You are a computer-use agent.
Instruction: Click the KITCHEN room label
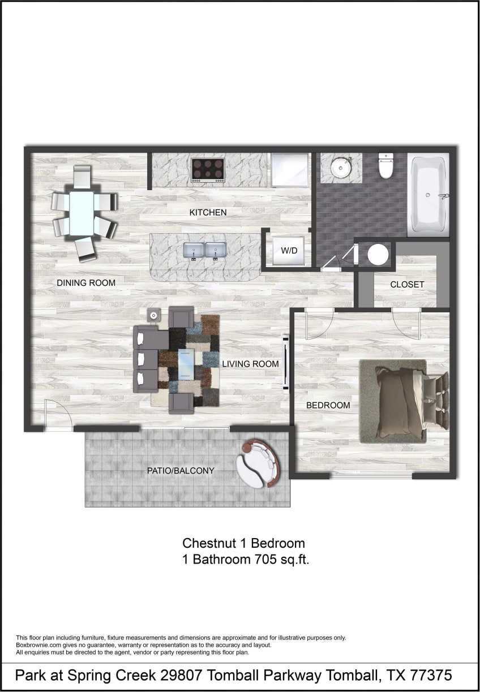[208, 213]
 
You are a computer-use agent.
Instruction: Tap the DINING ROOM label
[86, 283]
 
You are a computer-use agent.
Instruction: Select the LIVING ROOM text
[250, 364]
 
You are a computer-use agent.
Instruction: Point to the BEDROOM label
[328, 405]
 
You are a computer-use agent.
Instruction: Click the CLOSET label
[407, 285]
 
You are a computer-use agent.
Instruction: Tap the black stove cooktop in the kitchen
[208, 169]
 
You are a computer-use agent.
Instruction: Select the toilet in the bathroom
[386, 165]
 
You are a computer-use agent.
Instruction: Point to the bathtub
[428, 195]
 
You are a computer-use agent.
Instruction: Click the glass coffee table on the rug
[186, 364]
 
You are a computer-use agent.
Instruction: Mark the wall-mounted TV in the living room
[286, 363]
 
